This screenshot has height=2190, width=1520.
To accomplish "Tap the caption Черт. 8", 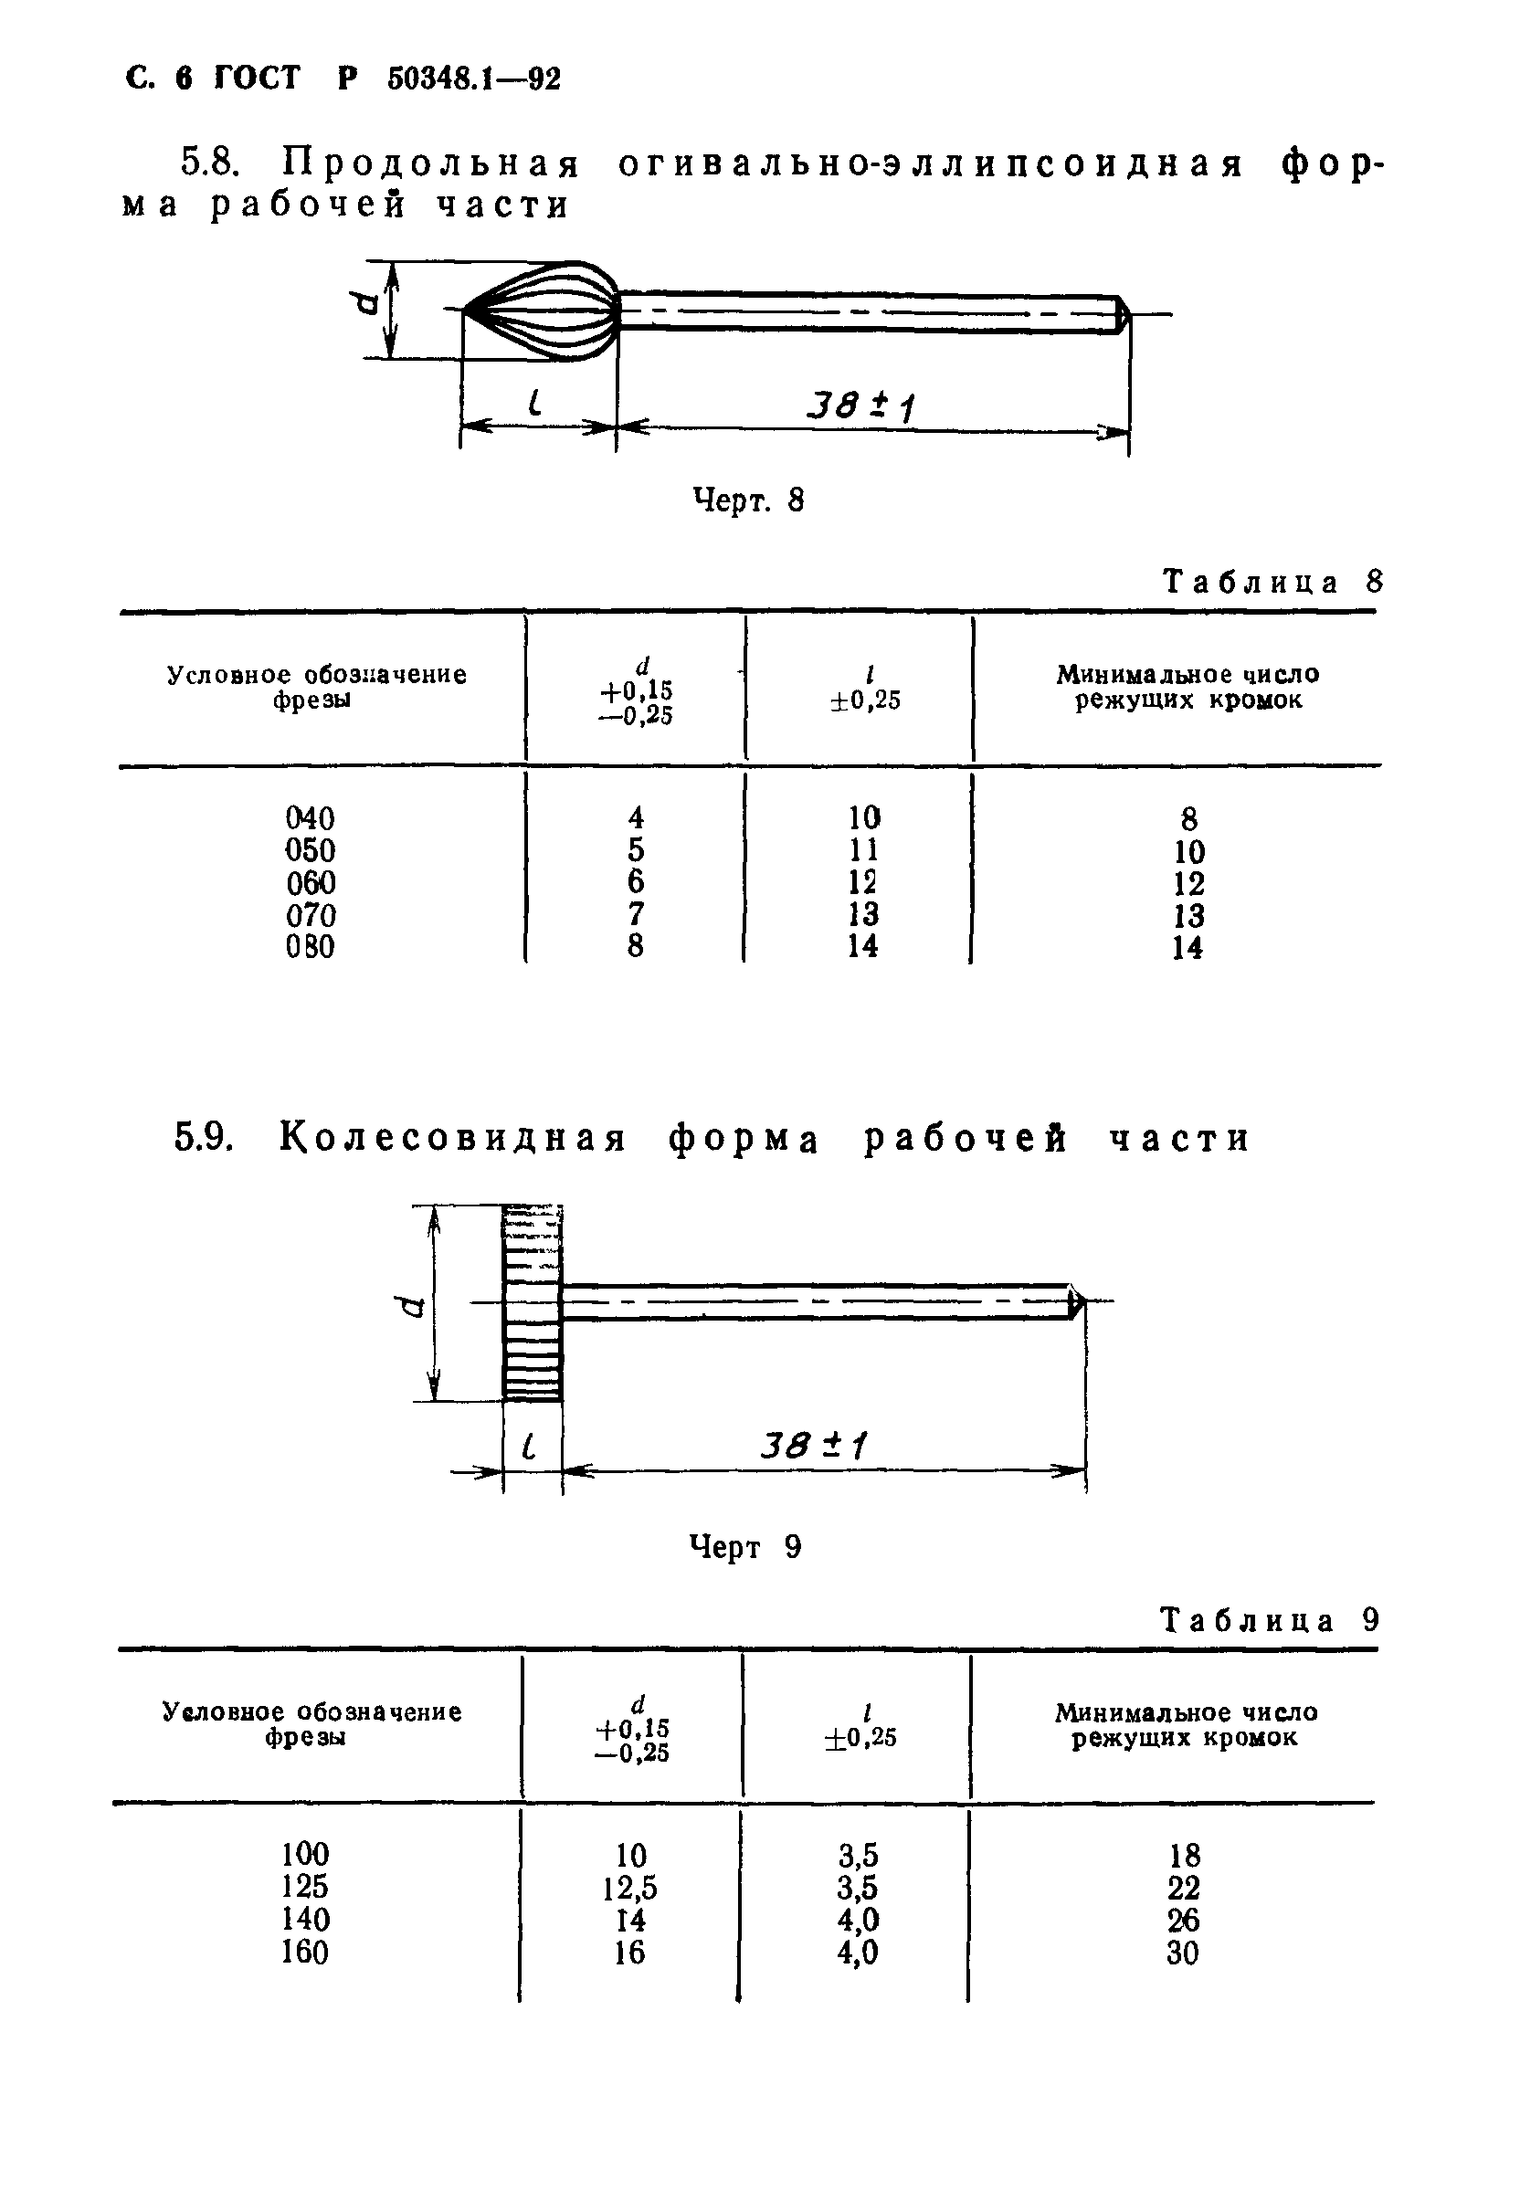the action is coord(748,500).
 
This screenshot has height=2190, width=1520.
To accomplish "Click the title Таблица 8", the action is coord(1272,582).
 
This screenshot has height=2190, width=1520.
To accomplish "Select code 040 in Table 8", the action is coord(311,818).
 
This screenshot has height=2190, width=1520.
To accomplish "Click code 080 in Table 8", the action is coord(311,947).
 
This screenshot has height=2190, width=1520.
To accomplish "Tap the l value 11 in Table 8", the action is coord(863,849).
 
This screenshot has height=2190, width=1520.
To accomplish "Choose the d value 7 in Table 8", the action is coord(635,915).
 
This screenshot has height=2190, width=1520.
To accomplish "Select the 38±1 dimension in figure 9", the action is coord(814,1448).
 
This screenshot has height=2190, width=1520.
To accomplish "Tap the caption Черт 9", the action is coord(744,1547).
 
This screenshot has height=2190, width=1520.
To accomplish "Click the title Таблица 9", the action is coord(1270,1621).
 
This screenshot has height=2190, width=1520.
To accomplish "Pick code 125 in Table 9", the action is coord(305,1886).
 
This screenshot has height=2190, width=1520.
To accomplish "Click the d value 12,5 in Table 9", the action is coord(629,1887).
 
